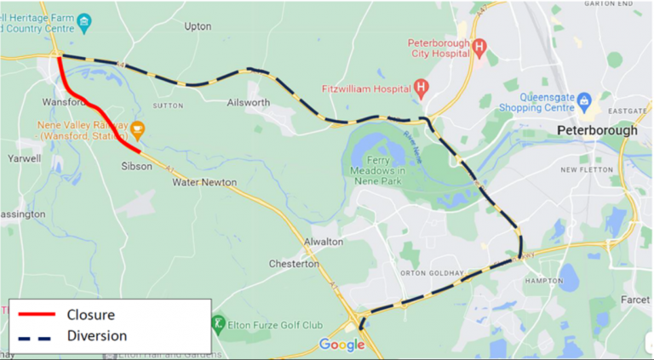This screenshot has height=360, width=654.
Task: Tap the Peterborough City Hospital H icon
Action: pos(479,48)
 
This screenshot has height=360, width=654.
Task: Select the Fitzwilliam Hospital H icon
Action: pos(421,87)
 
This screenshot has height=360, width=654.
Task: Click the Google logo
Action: pos(341,344)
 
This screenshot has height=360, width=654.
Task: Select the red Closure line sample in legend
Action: pos(37,314)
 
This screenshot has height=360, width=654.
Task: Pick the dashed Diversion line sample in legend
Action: pos(37,335)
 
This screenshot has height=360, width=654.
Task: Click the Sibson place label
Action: pos(136,166)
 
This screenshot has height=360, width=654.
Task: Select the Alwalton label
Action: pos(324,242)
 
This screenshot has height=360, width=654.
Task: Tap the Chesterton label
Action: pos(292,264)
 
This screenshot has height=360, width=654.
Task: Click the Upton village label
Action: pos(198,26)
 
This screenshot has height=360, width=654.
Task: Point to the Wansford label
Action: pos(63,102)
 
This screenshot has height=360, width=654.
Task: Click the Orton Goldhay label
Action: pos(434,273)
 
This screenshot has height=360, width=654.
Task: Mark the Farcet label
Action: pos(636,300)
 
